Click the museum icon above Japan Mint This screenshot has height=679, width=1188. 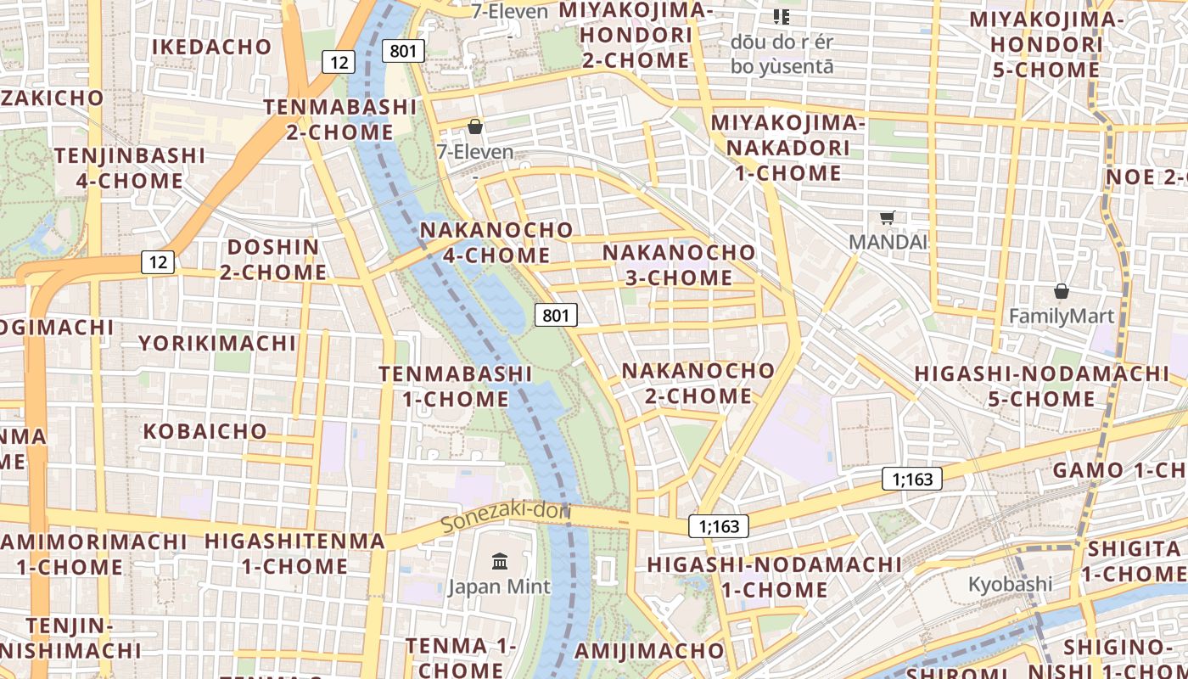[x=500, y=561]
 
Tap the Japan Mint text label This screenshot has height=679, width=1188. [x=499, y=586]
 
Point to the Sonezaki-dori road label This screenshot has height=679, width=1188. [x=507, y=517]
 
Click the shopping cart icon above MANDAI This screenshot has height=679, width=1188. [x=888, y=217]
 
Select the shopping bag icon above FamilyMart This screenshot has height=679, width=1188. [x=1061, y=291]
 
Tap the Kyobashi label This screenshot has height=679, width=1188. [x=1010, y=584]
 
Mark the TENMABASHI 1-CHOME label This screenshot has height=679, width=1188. [x=456, y=386]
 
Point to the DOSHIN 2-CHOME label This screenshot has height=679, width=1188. [x=273, y=260]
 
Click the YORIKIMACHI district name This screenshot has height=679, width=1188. [x=217, y=343]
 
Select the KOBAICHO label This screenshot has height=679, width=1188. [x=205, y=431]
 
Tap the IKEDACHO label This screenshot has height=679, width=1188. [x=211, y=47]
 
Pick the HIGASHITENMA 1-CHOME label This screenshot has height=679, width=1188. [x=294, y=553]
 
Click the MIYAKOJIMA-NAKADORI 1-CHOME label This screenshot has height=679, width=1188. [x=787, y=148]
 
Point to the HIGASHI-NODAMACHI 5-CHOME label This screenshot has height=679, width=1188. [x=1041, y=386]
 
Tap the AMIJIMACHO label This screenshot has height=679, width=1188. [x=650, y=651]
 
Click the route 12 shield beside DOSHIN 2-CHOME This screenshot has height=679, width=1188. [x=159, y=262]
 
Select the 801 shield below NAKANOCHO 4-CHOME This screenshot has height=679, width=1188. [x=556, y=316]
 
